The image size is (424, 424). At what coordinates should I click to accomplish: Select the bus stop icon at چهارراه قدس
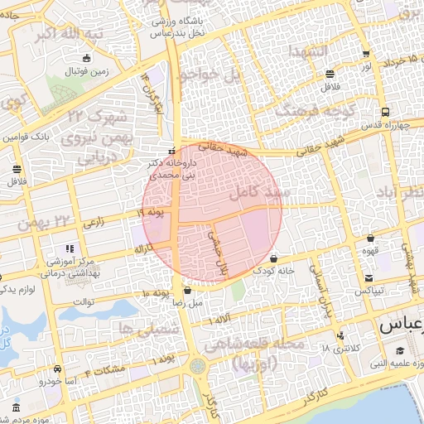point(385,113)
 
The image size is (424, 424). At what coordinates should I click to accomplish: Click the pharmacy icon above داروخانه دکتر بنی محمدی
point(171,152)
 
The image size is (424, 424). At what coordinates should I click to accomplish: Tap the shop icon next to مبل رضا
point(187,291)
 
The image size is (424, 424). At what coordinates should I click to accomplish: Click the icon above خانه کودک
point(273,259)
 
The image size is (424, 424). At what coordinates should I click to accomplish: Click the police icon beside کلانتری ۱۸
point(340,335)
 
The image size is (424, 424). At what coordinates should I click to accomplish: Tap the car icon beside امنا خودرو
point(56,369)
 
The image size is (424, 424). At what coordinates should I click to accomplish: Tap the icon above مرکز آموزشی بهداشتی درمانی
point(70,248)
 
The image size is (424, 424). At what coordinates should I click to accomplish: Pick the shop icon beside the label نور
point(366,55)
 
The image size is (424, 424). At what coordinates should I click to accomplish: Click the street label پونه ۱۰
point(156,293)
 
